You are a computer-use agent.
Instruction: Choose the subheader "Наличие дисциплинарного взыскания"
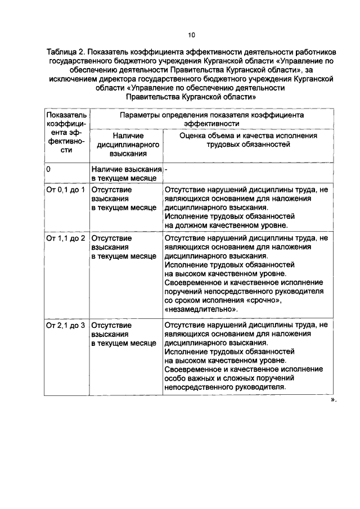tap(127, 145)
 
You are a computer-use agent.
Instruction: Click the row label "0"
tap(49, 169)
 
